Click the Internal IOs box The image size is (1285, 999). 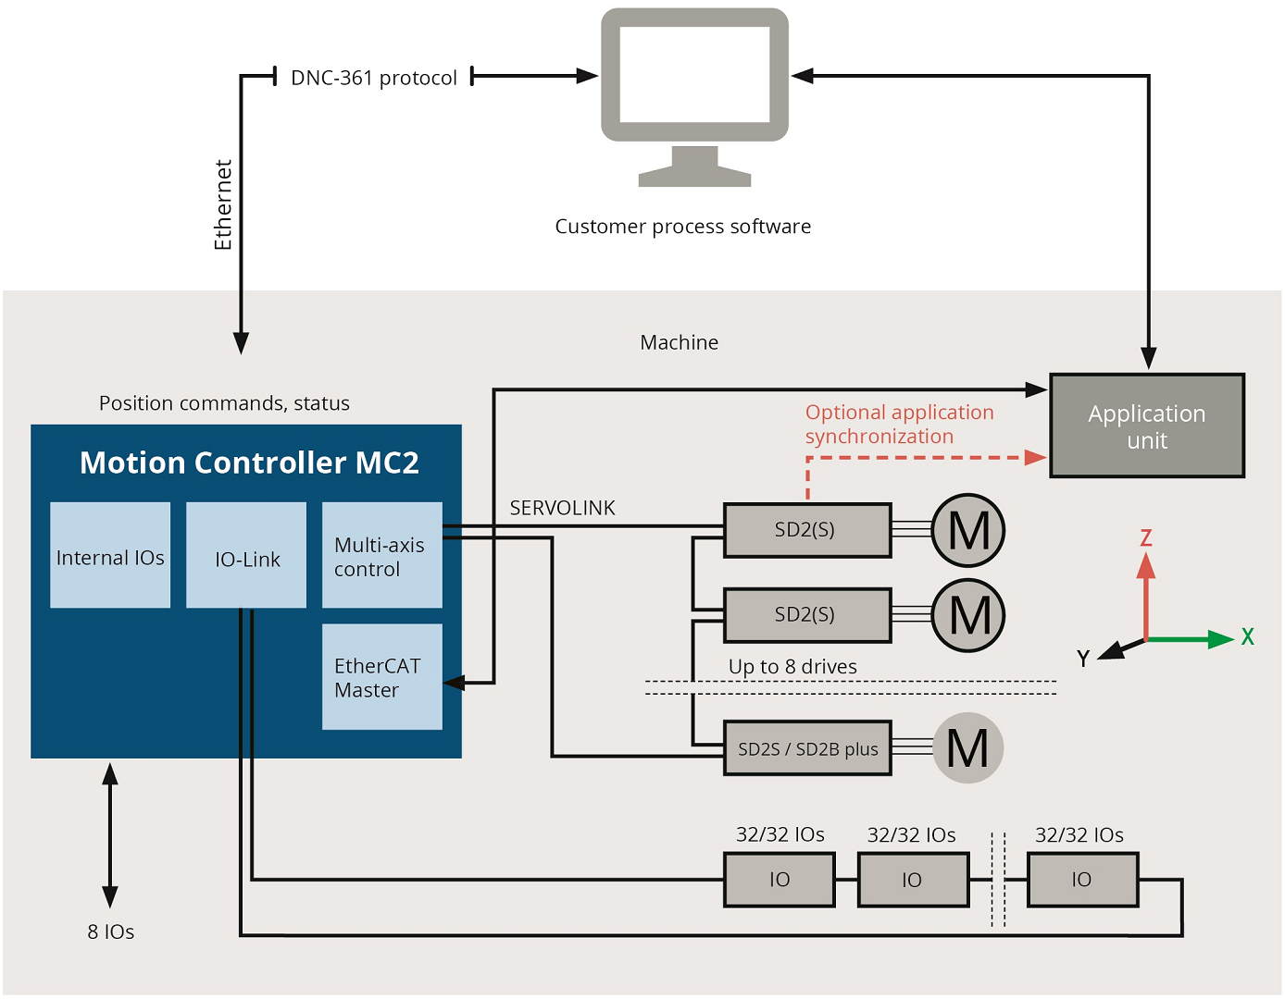110,555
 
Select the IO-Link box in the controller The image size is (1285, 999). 246,555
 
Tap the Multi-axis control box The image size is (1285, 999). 382,555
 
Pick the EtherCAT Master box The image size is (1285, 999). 382,676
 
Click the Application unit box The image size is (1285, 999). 1147,425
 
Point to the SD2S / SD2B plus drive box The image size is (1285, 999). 808,748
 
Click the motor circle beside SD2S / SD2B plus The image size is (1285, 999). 968,748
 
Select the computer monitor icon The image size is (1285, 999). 695,97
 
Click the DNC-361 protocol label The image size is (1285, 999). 374,78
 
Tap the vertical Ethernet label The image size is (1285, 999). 223,205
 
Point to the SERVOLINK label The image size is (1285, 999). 562,508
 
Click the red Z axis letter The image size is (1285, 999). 1146,537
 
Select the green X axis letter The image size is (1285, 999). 1248,636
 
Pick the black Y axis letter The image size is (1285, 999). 1083,658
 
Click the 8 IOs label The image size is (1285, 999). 110,931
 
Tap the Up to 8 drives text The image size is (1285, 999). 792,666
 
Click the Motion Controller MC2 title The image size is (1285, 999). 249,462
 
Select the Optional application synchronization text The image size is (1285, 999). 900,425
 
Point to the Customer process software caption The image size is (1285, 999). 683,227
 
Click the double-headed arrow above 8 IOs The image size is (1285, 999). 110,835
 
